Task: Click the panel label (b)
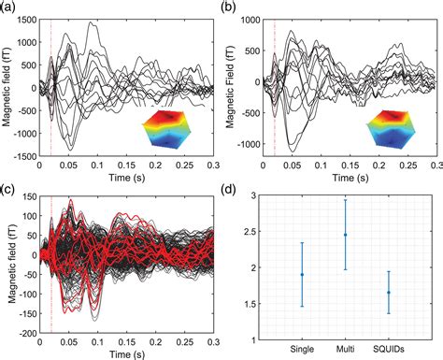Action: click(228, 7)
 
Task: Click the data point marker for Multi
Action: click(345, 235)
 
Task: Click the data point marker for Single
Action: click(302, 275)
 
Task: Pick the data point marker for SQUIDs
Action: click(389, 293)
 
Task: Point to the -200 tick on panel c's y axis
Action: click(25, 333)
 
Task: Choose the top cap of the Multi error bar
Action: click(345, 199)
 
